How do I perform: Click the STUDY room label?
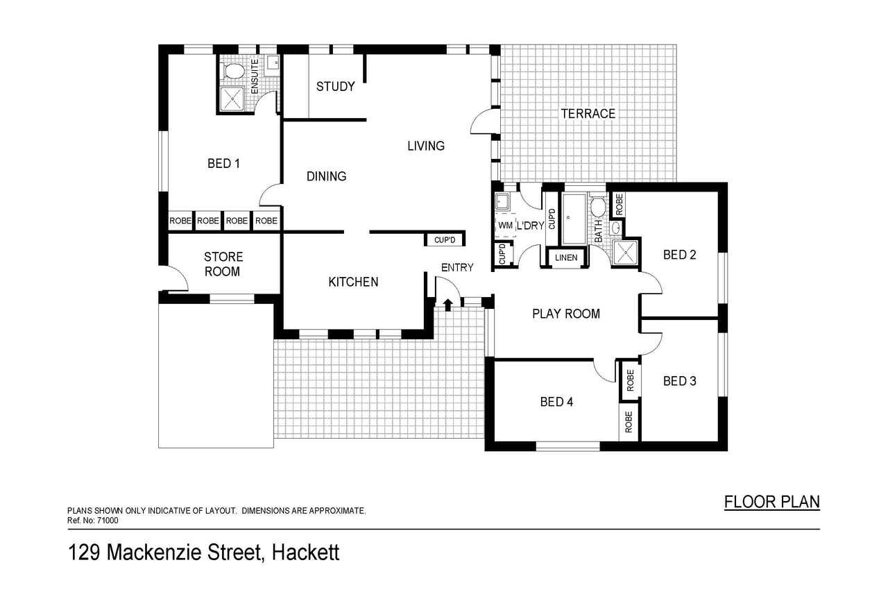pos(335,87)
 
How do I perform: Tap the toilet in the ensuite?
pos(234,71)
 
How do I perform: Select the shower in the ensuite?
pos(231,99)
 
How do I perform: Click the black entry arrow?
pos(448,305)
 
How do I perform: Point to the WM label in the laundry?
pos(505,226)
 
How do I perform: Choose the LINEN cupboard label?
pos(566,257)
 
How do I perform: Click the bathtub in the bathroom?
pos(574,219)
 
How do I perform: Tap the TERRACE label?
pos(588,114)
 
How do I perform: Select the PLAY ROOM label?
pos(565,314)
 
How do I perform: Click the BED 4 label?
pos(556,402)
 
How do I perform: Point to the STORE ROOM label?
pos(223,264)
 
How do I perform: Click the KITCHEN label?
pos(353,282)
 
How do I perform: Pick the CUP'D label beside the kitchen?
pos(445,240)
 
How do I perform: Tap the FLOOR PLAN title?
pos(772,502)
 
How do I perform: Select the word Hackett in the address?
pos(305,552)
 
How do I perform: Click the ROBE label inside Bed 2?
pos(620,205)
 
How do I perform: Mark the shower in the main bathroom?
pos(625,253)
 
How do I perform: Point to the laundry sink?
pos(503,202)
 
